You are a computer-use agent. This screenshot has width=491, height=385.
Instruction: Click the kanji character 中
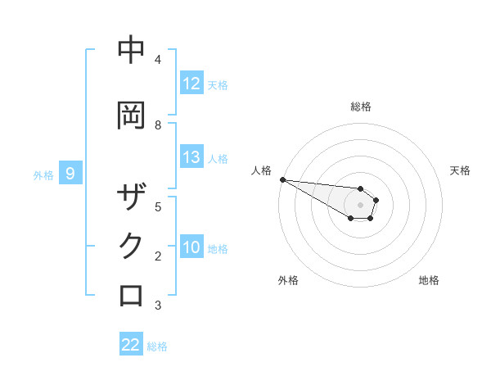pos(132,51)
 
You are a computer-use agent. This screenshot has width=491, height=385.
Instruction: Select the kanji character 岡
pos(132,115)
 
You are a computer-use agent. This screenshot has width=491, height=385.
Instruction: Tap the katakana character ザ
pos(132,198)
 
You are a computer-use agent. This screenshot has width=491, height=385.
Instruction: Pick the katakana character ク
pos(132,246)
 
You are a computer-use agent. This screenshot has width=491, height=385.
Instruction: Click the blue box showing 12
pos(191,84)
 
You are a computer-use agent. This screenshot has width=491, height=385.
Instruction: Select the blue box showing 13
pos(191,157)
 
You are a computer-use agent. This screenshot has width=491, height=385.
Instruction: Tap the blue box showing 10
pos(191,247)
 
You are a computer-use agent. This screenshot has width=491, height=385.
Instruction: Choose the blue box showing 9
pos(71,174)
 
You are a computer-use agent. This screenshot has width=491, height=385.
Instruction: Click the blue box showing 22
pos(131,345)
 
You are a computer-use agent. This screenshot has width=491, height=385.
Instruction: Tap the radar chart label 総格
pos(361,106)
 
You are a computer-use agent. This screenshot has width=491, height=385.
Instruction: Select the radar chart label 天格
pos(460,170)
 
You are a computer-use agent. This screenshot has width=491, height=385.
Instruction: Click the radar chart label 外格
pos(288,280)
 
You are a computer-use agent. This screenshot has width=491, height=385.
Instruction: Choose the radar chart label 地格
pos(429,280)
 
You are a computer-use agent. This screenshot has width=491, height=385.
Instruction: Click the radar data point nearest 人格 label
pos(282,179)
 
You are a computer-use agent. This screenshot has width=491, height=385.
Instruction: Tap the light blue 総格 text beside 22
pos(157,346)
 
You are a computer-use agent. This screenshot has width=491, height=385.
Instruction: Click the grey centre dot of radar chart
pos(360,204)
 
